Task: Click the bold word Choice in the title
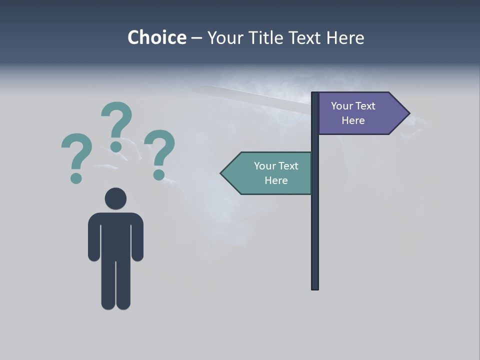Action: coord(156,37)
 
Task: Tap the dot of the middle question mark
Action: coord(116,146)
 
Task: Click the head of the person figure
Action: coord(115,198)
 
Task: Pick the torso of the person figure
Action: coord(115,235)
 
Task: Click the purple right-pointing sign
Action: coord(357,113)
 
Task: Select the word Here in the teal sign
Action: coord(276,180)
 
